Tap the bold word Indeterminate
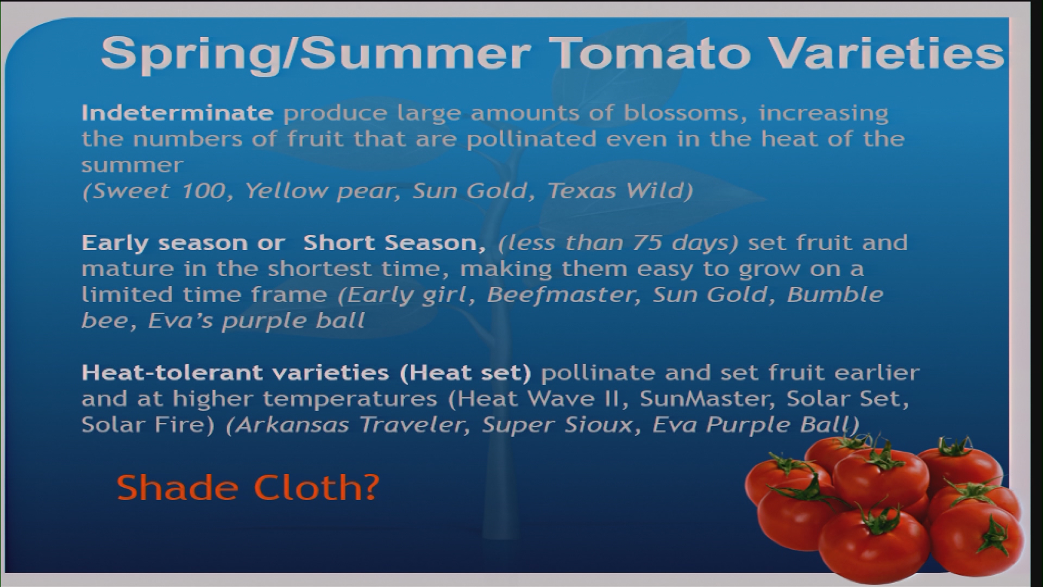(x=177, y=113)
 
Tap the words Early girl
(x=407, y=296)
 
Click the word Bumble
(x=835, y=295)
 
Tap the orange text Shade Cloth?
(x=248, y=488)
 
